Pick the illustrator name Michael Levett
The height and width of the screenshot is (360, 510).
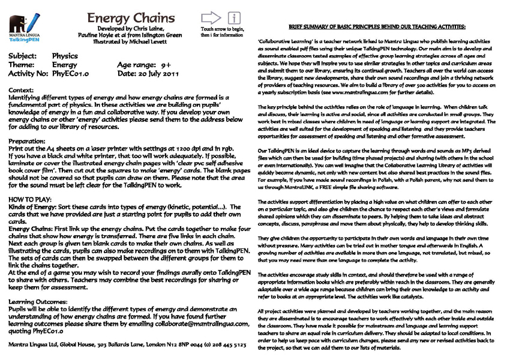pos(147,43)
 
